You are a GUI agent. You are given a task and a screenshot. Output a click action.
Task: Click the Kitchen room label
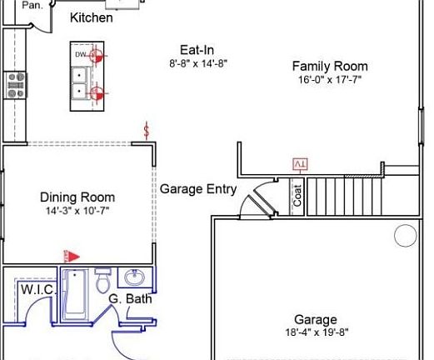[91, 17]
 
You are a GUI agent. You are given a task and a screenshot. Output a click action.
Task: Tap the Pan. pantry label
[32, 5]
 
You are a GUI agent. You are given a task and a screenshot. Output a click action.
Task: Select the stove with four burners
[16, 85]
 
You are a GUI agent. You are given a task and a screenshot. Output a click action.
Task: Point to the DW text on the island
[80, 54]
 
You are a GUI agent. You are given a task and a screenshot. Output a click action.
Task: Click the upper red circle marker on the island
[97, 57]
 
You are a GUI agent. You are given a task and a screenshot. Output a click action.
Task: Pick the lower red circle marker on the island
[97, 92]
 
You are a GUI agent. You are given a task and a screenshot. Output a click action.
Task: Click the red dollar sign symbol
[147, 131]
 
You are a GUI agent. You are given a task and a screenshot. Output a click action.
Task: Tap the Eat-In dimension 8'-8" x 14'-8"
[198, 62]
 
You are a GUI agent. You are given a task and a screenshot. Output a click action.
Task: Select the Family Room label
[329, 66]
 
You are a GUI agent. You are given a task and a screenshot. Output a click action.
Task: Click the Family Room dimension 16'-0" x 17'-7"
[329, 80]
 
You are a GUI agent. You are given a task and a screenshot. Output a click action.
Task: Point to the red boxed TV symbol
[299, 164]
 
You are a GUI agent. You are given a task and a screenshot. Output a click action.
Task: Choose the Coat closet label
[297, 196]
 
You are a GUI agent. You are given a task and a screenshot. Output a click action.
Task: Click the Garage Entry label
[198, 188]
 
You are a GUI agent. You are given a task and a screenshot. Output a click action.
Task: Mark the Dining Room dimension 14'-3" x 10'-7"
[77, 212]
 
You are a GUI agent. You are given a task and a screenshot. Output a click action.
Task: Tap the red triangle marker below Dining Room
[72, 257]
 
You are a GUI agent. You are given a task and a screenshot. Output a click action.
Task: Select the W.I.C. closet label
[37, 289]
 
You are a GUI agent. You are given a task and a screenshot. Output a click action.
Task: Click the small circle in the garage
[405, 237]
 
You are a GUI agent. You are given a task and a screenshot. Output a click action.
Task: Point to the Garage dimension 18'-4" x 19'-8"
[316, 332]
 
